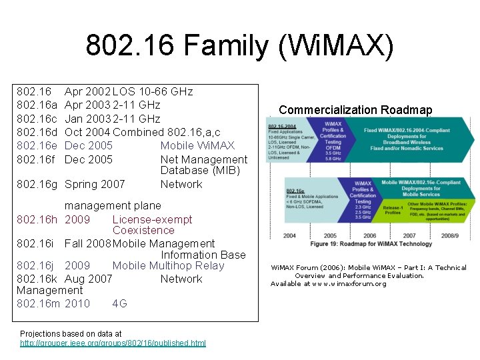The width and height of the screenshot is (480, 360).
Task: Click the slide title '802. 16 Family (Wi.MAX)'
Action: pyautogui.click(x=240, y=46)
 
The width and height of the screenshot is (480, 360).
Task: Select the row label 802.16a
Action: pyautogui.click(x=37, y=105)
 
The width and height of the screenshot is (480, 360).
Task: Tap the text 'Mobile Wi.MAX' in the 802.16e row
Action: pyautogui.click(x=197, y=145)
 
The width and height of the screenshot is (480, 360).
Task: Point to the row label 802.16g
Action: pyautogui.click(x=37, y=184)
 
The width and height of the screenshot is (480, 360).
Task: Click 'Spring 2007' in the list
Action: pyautogui.click(x=95, y=184)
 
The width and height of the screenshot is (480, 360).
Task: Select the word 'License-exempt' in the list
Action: pyautogui.click(x=152, y=219)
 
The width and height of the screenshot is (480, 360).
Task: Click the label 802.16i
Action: pyautogui.click(x=36, y=243)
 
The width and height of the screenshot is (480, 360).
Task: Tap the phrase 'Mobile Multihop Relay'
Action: pyautogui.click(x=168, y=265)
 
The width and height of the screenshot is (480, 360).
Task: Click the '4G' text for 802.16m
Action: pyautogui.click(x=119, y=303)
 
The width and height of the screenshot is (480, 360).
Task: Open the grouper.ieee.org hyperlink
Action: pyautogui.click(x=113, y=343)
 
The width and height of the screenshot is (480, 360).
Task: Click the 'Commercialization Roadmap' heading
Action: pyautogui.click(x=355, y=110)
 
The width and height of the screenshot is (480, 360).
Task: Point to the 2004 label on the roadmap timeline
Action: pyautogui.click(x=289, y=235)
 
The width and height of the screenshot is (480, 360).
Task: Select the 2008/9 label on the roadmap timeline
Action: pyautogui.click(x=450, y=235)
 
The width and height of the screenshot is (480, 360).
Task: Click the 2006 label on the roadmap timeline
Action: pyautogui.click(x=370, y=235)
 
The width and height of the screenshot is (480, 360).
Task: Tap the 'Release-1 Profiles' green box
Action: pyautogui.click(x=392, y=211)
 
